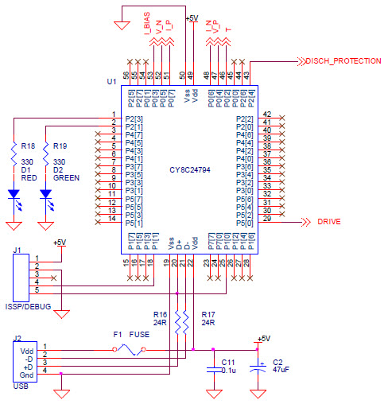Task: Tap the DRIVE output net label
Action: [330, 222]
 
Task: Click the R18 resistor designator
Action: [28, 146]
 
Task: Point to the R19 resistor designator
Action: [60, 146]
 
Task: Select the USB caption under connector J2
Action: [21, 387]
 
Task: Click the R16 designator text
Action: [159, 314]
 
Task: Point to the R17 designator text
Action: [208, 314]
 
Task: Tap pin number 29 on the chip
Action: [267, 218]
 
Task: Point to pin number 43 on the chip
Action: [246, 75]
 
